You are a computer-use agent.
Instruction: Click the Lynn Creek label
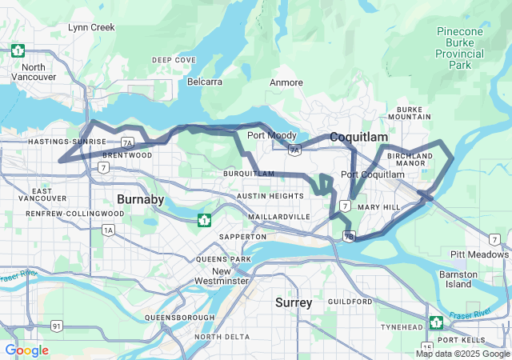pyautogui.click(x=91, y=27)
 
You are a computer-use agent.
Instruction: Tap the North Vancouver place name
pyautogui.click(x=34, y=72)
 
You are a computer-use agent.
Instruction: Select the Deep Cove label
pyautogui.click(x=174, y=60)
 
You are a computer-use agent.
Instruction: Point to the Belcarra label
pyautogui.click(x=206, y=82)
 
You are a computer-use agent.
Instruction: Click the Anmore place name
pyautogui.click(x=286, y=82)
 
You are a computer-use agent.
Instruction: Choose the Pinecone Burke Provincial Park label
pyautogui.click(x=459, y=48)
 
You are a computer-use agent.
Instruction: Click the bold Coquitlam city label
pyautogui.click(x=358, y=137)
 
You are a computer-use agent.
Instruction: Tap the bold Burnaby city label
pyautogui.click(x=140, y=198)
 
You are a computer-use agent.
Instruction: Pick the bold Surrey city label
pyautogui.click(x=294, y=302)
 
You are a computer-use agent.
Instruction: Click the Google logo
pyautogui.click(x=26, y=350)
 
